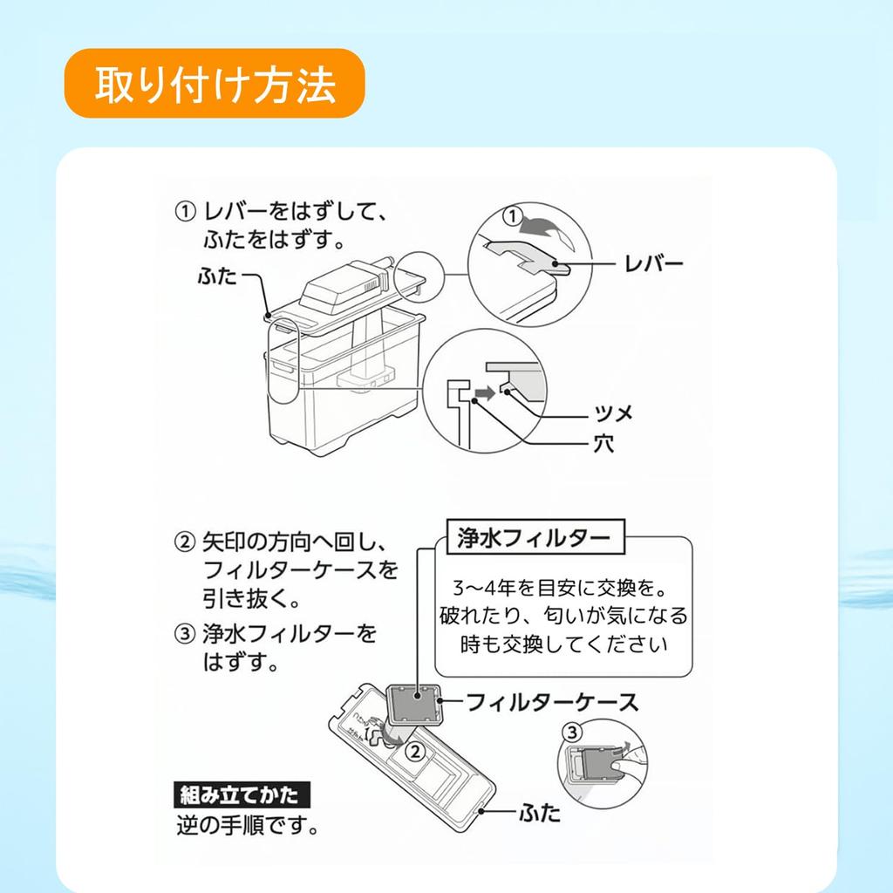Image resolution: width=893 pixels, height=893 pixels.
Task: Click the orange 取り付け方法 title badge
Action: [x=215, y=84]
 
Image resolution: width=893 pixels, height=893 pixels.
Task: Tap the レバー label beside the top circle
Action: [x=653, y=264]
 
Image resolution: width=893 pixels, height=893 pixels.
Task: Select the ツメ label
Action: [x=613, y=412]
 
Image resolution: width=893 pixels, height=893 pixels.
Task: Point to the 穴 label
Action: [x=603, y=443]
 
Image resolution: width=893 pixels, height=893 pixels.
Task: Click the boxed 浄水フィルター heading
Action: [x=535, y=537]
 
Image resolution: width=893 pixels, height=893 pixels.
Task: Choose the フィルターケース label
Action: [x=552, y=702]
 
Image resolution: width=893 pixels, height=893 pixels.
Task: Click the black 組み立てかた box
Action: [x=242, y=794]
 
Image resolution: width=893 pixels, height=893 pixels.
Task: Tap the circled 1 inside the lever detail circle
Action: [x=513, y=216]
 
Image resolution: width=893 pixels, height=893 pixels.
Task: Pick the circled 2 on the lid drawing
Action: [x=416, y=752]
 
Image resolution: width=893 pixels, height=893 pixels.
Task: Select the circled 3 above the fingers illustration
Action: [x=572, y=732]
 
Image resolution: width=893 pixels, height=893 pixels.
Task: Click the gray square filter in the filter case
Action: [x=413, y=705]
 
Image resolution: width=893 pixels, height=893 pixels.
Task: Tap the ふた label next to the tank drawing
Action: [x=216, y=276]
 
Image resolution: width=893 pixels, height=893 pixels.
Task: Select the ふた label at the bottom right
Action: [x=538, y=812]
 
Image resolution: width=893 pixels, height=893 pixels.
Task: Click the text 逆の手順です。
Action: [x=248, y=825]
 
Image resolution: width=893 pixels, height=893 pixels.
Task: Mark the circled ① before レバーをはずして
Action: [x=185, y=212]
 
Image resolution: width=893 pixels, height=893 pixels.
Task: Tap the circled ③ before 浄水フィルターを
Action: [x=185, y=634]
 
